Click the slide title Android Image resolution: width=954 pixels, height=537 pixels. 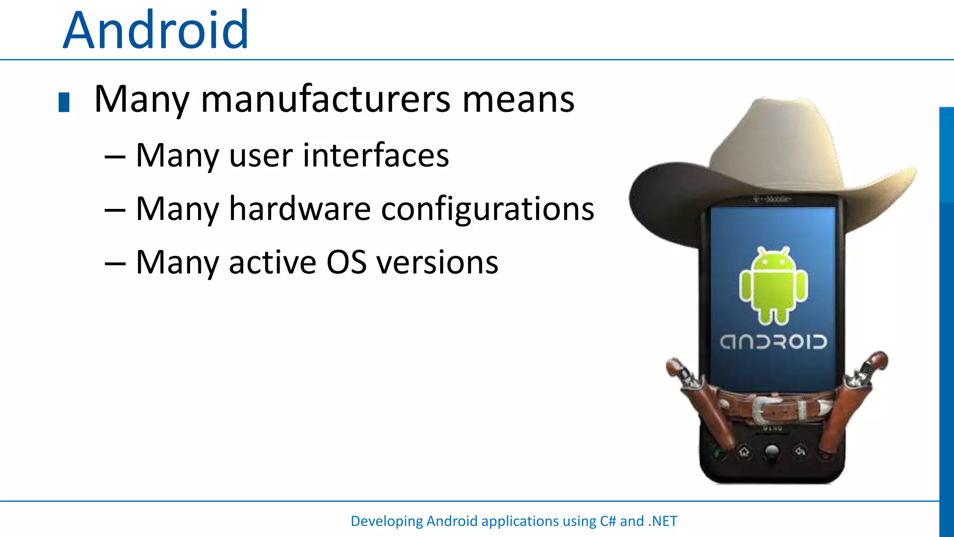[156, 31]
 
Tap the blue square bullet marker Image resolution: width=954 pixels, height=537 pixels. [64, 103]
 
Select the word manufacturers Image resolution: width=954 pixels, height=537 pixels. [326, 99]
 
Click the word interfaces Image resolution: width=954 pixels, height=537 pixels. [376, 155]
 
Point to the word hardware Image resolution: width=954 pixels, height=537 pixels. [300, 209]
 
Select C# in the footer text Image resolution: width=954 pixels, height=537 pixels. [608, 521]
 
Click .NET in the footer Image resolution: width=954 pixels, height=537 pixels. [662, 521]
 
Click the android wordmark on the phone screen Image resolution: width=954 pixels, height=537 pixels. [773, 342]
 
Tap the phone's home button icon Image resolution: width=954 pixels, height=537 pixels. [744, 451]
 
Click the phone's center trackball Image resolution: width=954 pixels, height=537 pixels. [772, 451]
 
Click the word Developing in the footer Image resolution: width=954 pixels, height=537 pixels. [386, 521]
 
